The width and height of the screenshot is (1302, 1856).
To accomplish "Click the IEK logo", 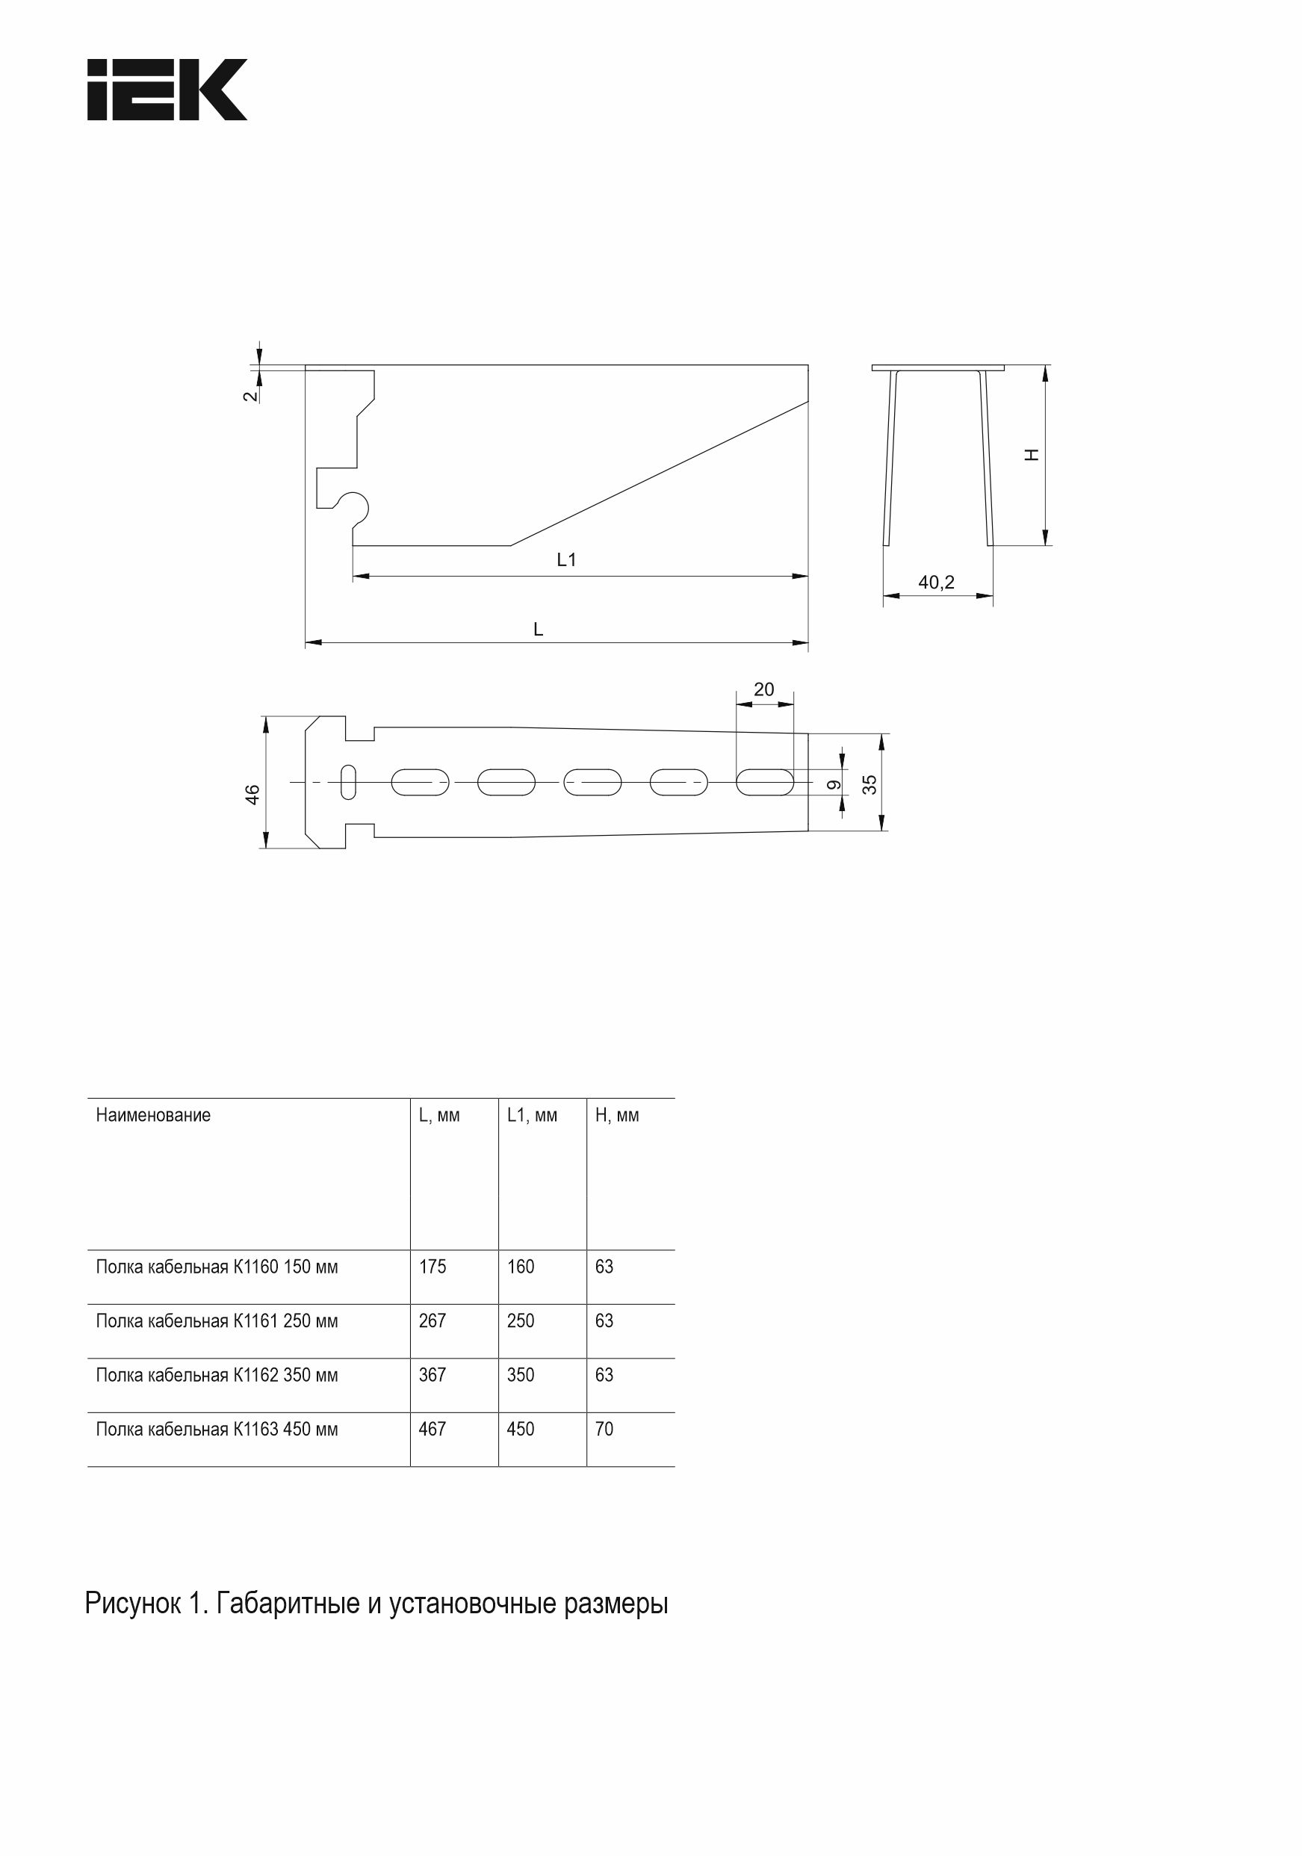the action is tap(167, 90).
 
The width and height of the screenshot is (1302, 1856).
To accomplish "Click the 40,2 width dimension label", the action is tap(937, 582).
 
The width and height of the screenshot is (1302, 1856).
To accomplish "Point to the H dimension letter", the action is tap(1031, 455).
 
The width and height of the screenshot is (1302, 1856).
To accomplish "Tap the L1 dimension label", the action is tap(566, 559).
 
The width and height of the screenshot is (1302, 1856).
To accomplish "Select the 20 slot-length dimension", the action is tap(763, 689).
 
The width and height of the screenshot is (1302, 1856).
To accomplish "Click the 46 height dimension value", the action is tap(253, 794).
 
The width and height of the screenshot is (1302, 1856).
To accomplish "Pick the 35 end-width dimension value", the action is tap(869, 784).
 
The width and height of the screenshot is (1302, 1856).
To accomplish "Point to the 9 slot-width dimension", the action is tap(834, 784).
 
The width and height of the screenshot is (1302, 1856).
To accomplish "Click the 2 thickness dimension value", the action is tap(251, 395).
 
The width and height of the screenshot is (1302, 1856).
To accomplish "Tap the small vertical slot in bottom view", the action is tap(349, 782).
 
